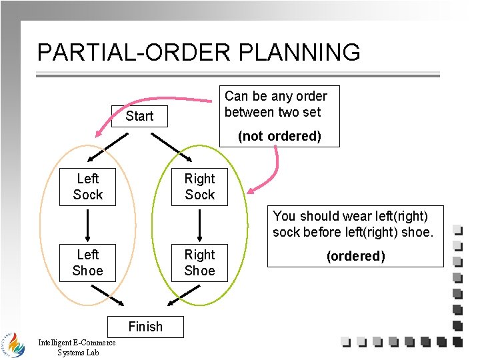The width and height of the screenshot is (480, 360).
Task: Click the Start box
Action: click(139, 116)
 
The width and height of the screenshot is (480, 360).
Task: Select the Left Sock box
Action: click(88, 187)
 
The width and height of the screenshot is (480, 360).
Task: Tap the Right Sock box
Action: click(199, 187)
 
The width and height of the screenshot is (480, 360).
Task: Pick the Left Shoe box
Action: click(88, 263)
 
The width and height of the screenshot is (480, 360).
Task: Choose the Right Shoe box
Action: click(199, 263)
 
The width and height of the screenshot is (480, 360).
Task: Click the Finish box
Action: click(145, 326)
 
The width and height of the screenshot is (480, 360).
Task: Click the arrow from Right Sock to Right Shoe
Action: click(200, 225)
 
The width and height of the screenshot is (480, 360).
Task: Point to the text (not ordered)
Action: click(280, 136)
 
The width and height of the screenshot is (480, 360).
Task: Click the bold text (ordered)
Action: click(355, 256)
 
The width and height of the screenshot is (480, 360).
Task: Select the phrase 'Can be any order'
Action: click(276, 96)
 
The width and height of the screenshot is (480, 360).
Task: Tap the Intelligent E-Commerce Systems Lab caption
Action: click(77, 347)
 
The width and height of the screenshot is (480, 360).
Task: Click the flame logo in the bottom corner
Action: click(13, 343)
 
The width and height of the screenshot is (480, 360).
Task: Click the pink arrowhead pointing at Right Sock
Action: click(251, 191)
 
